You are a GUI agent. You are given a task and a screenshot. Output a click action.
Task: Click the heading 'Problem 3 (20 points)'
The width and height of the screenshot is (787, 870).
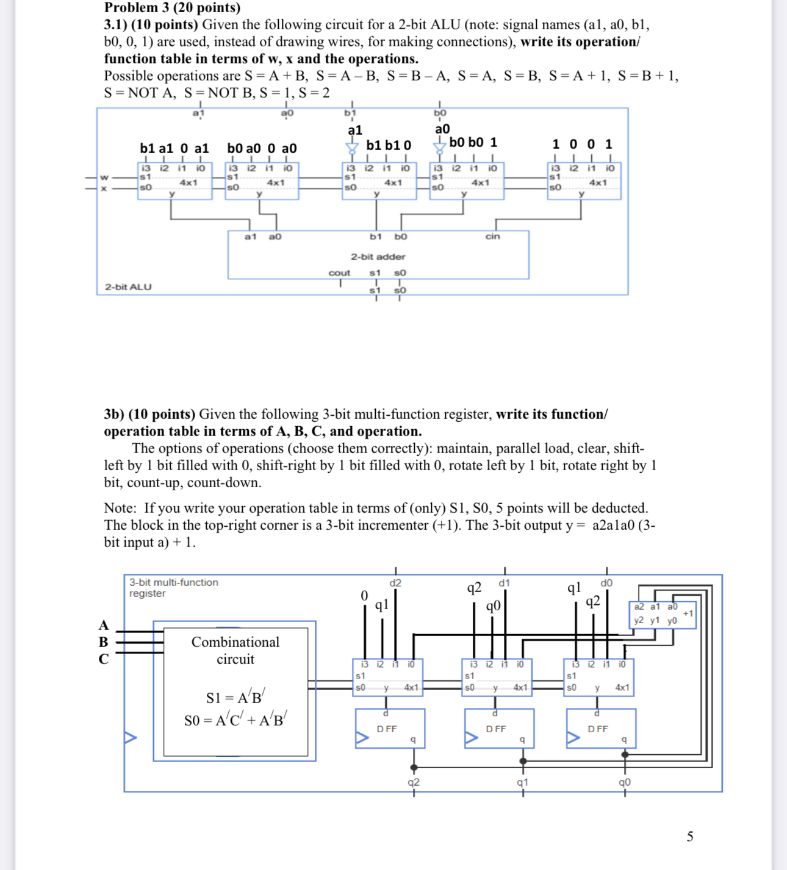coord(172,8)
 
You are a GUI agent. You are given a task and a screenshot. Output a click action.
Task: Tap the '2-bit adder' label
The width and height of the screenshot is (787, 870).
coord(378,257)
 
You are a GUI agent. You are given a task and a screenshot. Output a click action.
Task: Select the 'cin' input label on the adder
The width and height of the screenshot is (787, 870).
coord(492,237)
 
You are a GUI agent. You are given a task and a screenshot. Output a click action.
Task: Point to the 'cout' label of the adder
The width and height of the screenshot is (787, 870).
coord(339,273)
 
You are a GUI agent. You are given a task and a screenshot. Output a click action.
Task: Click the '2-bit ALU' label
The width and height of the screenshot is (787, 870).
coord(128,287)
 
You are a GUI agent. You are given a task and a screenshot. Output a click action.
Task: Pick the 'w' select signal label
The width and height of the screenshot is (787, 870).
coord(104,177)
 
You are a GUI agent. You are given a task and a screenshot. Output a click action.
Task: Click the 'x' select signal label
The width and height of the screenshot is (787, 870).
coord(104,188)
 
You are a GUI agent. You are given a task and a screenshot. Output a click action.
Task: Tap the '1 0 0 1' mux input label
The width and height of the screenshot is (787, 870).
coord(582,144)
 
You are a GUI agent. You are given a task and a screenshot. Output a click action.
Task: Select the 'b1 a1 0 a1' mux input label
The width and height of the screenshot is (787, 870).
coord(174,148)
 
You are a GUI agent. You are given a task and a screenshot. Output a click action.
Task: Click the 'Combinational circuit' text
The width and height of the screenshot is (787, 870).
coord(235,651)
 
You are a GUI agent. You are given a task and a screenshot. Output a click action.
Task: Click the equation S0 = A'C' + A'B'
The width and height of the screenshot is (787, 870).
coord(235,720)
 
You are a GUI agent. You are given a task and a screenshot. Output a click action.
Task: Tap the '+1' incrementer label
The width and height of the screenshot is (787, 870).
coord(688,613)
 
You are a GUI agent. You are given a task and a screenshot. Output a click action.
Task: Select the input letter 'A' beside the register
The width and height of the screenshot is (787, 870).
coord(104,625)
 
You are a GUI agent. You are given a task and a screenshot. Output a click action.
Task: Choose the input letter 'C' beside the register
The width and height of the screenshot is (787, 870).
coord(104,659)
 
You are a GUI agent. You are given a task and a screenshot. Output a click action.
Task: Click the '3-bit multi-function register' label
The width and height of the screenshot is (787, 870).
coord(173,588)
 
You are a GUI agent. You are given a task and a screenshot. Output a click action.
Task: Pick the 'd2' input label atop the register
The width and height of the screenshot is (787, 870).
coord(395,583)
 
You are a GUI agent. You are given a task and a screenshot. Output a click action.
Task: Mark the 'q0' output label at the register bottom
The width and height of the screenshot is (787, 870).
coord(625,782)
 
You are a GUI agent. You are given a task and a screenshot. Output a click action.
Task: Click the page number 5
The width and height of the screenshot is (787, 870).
coord(690,836)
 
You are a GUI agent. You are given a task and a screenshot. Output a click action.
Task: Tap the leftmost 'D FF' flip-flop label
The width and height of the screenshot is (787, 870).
coord(387,729)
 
